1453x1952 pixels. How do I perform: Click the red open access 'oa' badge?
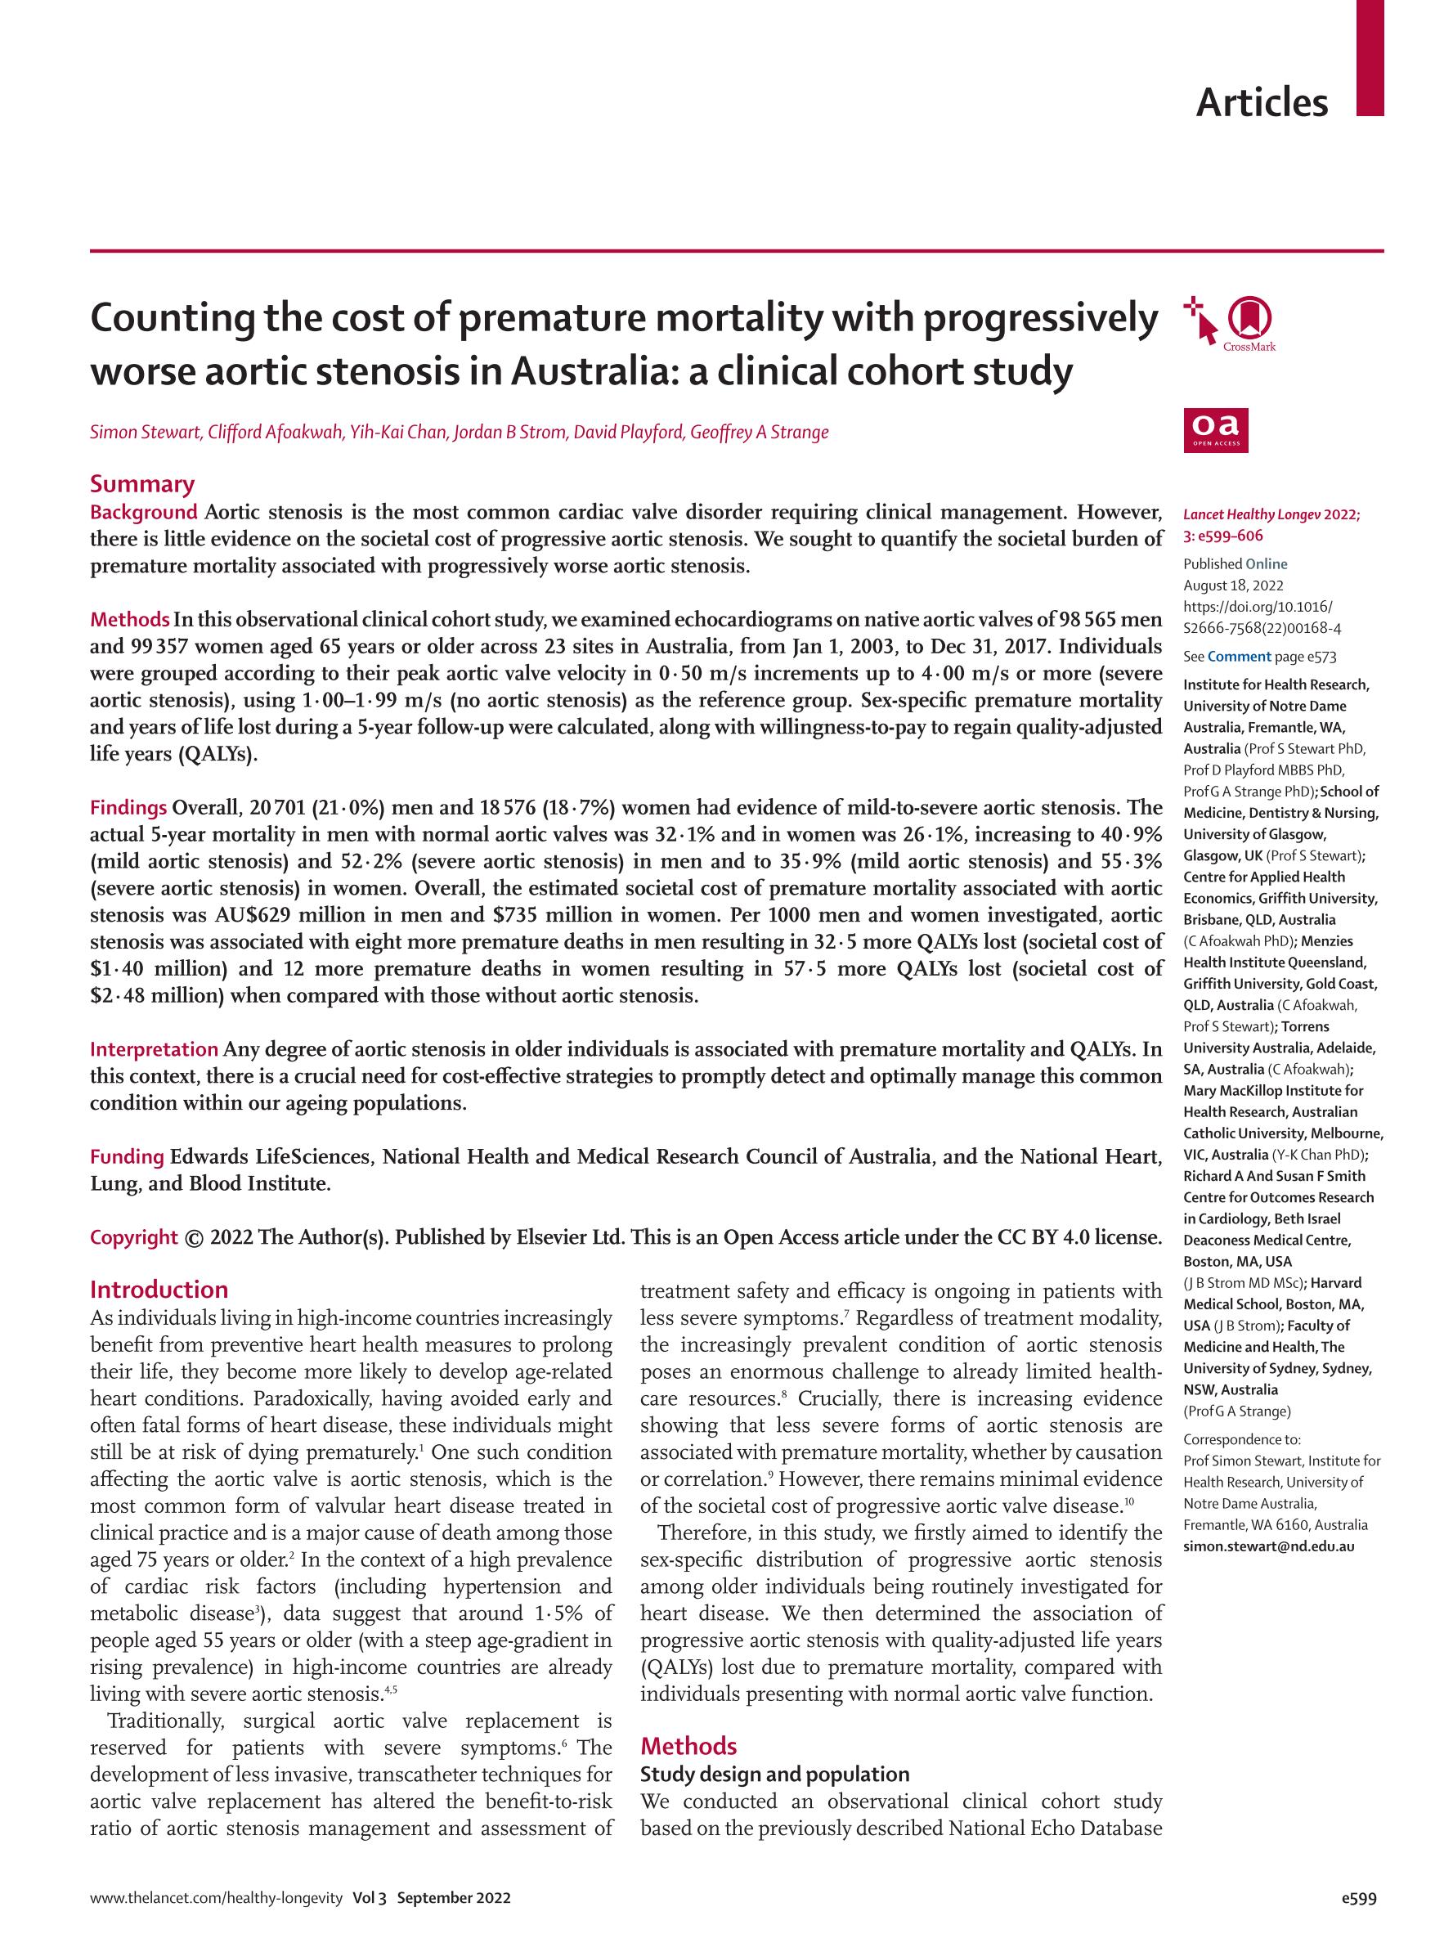pos(1216,429)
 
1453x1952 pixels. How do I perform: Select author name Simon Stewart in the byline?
pos(144,432)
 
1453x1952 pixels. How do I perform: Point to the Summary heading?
pos(141,484)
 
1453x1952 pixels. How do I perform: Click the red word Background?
pos(143,512)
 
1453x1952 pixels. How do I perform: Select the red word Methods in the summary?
pos(129,619)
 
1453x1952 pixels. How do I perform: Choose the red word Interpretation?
pos(154,1048)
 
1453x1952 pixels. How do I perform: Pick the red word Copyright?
pos(134,1236)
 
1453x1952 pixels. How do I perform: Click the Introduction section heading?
pos(159,1290)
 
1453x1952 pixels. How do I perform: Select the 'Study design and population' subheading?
pos(774,1775)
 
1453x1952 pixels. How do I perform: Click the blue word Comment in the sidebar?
pos(1240,656)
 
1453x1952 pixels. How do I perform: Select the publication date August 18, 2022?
pos(1233,585)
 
